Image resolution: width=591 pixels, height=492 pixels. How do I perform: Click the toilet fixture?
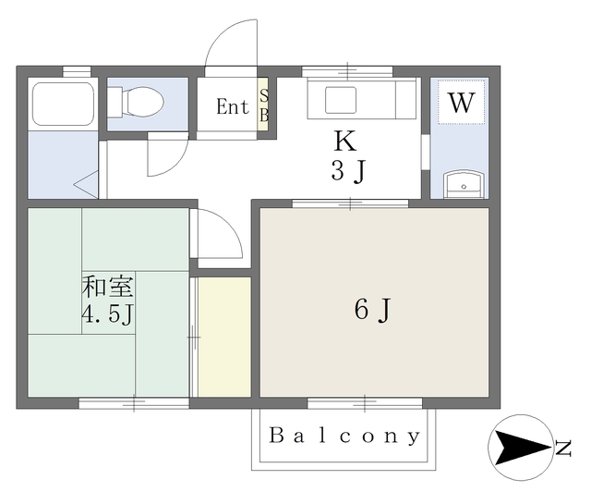[x=136, y=102]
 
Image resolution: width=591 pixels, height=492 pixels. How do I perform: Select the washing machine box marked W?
[x=462, y=102]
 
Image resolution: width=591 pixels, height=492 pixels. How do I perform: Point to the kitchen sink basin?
[x=341, y=100]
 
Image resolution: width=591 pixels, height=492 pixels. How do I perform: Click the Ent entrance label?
[x=233, y=106]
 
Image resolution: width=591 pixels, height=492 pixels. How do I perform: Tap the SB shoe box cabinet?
[x=263, y=105]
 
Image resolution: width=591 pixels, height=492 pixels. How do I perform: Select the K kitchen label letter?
[x=345, y=141]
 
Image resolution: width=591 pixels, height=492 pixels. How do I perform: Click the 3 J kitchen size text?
[x=349, y=171]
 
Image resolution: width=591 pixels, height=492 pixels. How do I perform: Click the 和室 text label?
[x=108, y=288]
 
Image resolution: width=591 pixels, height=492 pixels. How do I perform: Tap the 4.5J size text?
[x=108, y=314]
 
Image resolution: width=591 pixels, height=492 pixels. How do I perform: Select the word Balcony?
[x=344, y=437]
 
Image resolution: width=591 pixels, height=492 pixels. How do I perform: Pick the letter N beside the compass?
[x=563, y=449]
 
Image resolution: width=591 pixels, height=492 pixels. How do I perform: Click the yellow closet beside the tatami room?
[x=224, y=337]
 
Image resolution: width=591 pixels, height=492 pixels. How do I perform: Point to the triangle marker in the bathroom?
[x=86, y=184]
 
